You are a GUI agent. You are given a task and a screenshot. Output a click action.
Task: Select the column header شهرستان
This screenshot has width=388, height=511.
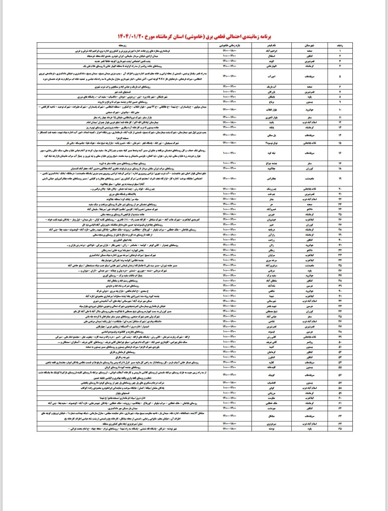(x=309, y=46)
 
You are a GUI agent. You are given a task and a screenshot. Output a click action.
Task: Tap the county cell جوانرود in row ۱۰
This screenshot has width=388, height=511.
(x=309, y=109)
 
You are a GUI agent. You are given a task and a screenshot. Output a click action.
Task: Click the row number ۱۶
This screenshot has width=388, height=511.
(x=340, y=153)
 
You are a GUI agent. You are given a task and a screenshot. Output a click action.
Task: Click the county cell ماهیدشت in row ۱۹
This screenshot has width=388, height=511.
(x=309, y=179)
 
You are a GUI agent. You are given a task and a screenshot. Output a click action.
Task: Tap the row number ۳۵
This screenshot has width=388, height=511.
(x=340, y=265)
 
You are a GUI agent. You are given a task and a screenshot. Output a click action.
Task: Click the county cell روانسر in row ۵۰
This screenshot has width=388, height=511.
(x=309, y=342)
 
